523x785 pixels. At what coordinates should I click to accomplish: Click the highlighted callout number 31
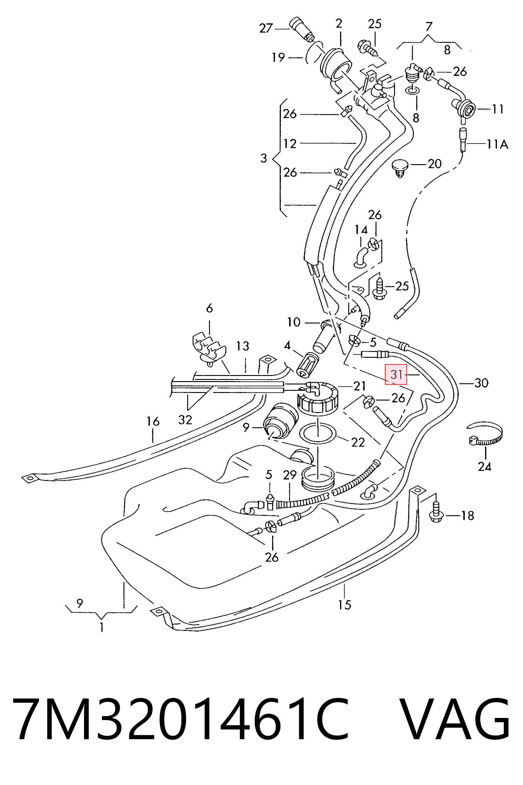pos(396,374)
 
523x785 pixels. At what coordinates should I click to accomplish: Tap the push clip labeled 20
pos(400,168)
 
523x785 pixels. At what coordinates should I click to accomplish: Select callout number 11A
pos(497,144)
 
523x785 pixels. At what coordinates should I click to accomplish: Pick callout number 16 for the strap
pos(153,421)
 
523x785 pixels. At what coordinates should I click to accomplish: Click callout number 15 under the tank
pos(345,604)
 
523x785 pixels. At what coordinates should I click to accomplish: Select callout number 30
pos(481,383)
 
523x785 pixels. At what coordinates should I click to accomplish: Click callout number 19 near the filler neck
pos(278,57)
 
